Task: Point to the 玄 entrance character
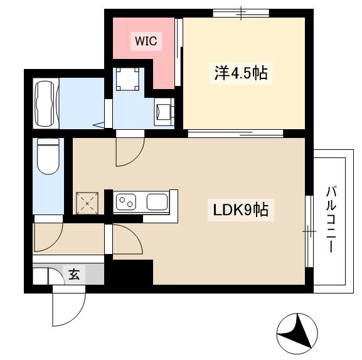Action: pos(74,274)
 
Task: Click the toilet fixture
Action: pos(48,156)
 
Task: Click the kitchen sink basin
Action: pos(156,202)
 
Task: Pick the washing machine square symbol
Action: pos(126,78)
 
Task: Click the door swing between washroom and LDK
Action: pos(130,151)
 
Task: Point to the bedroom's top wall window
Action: pos(240,13)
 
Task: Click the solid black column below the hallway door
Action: pos(131,272)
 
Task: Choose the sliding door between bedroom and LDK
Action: pos(235,133)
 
